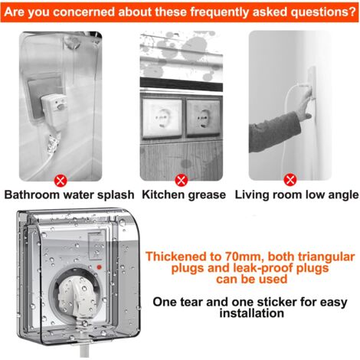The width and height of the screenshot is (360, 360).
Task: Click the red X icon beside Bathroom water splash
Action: (x=59, y=179)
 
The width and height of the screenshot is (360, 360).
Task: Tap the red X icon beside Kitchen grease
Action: (x=181, y=179)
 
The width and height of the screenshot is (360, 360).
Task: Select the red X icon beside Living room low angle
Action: (x=290, y=179)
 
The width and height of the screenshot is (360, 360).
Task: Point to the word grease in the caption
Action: (x=205, y=195)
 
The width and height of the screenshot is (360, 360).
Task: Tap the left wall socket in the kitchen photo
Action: (x=162, y=113)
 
